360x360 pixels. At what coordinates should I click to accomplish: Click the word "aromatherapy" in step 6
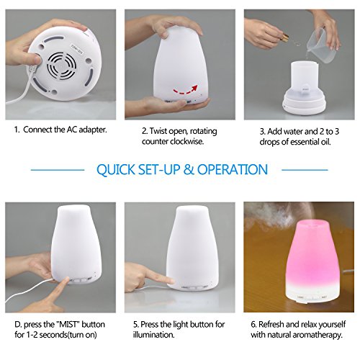coord(313,336)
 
